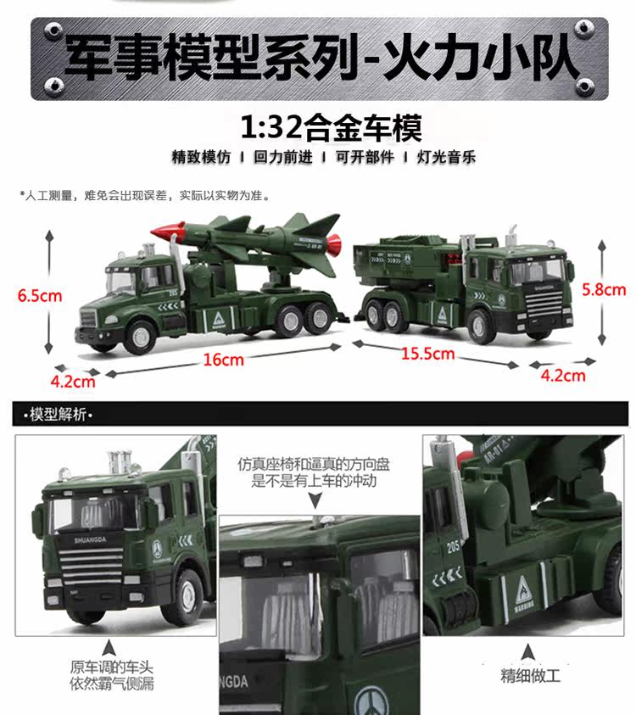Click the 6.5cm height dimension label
[x=40, y=295]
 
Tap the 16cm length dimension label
[x=223, y=360]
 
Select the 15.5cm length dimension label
[x=427, y=354]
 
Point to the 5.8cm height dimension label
[x=604, y=289]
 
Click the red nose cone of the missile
[x=162, y=232]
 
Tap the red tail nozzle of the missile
[x=335, y=246]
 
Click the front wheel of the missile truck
[x=141, y=337]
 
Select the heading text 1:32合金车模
[x=331, y=127]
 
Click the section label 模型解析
[x=58, y=415]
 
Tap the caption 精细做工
[x=530, y=675]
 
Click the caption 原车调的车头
[x=111, y=668]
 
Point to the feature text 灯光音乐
[x=446, y=157]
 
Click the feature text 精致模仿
[x=201, y=157]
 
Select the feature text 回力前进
[x=283, y=157]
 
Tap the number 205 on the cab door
[x=453, y=546]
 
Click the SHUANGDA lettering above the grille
[x=90, y=540]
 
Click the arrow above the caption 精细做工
[x=528, y=652]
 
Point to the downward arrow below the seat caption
[x=315, y=500]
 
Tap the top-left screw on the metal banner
[x=53, y=31]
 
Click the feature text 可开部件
[x=365, y=157]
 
